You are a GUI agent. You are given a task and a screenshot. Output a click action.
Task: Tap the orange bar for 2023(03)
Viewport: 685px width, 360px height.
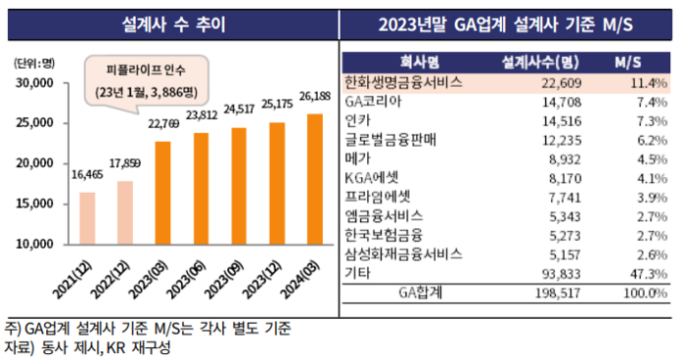pyautogui.click(x=161, y=192)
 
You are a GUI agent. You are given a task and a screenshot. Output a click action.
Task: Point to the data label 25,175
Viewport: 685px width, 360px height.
pyautogui.click(x=277, y=102)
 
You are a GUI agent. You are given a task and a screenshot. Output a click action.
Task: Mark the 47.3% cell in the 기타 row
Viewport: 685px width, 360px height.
pyautogui.click(x=647, y=275)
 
